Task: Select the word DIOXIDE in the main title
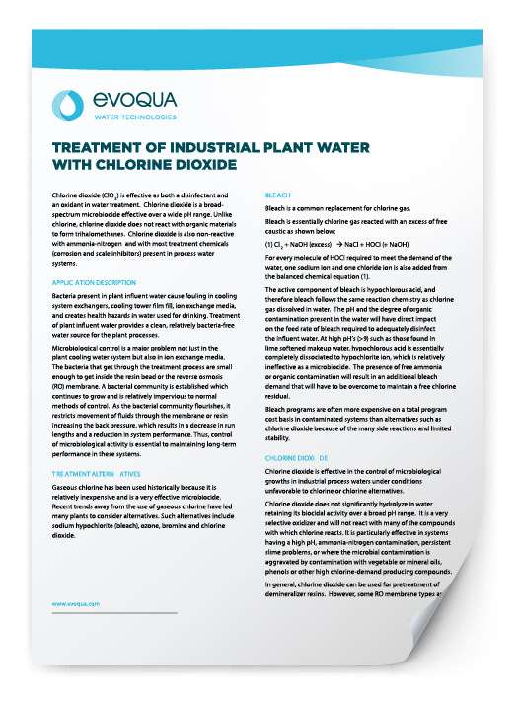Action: [x=199, y=164]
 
